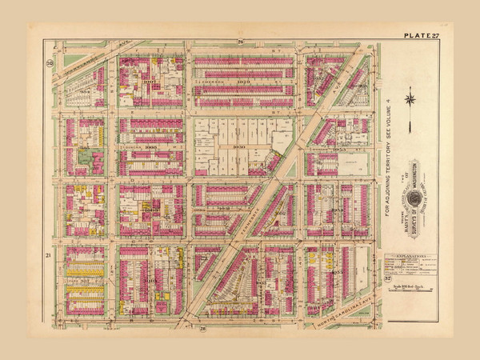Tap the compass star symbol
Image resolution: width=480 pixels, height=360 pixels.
410,100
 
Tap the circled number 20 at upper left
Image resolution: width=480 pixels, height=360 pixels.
50,62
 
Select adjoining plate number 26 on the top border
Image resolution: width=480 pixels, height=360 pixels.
239,41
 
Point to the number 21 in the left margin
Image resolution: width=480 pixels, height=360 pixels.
49,254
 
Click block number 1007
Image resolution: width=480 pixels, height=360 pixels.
149,82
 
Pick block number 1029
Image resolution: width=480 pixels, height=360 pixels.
244,82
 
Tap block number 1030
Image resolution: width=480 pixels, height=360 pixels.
240,147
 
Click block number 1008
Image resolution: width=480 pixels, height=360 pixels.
149,148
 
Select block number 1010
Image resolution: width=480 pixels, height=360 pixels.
149,282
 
